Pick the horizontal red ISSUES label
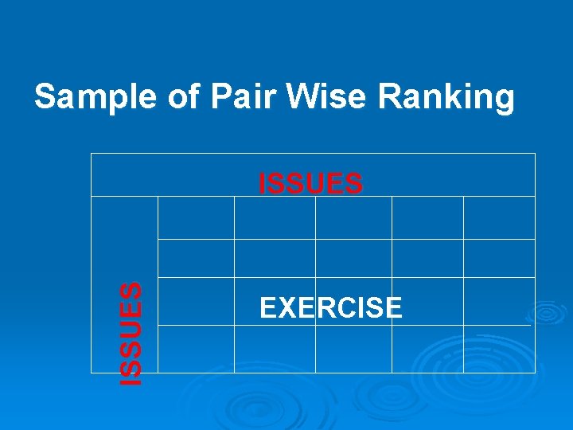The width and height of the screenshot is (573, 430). [x=311, y=184]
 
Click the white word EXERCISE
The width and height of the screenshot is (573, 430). [x=330, y=307]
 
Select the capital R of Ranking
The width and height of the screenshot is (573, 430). [x=389, y=97]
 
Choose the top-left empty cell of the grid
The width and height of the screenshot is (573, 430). [x=196, y=217]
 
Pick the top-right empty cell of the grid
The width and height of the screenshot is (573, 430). [x=499, y=217]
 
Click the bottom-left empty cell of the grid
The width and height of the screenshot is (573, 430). [x=196, y=349]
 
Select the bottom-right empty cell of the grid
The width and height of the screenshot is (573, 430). [x=499, y=349]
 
